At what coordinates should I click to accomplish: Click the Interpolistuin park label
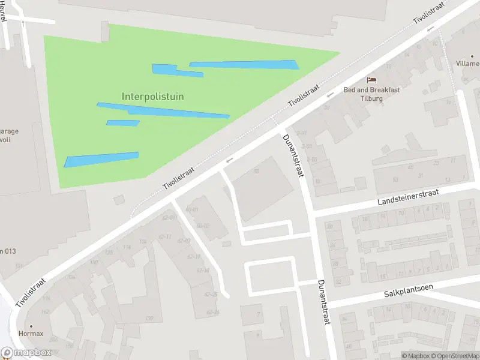152,96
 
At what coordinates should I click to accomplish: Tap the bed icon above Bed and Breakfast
372,80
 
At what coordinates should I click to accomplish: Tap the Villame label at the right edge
467,63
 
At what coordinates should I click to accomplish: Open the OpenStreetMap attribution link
457,356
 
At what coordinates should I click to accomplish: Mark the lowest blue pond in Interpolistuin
101,160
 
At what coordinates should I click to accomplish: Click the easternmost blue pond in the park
245,65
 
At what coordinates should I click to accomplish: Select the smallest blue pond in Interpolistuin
123,123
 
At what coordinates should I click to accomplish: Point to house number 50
256,172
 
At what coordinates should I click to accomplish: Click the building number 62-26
212,312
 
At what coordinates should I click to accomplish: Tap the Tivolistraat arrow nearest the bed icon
329,95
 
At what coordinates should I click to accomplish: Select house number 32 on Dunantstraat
338,281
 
